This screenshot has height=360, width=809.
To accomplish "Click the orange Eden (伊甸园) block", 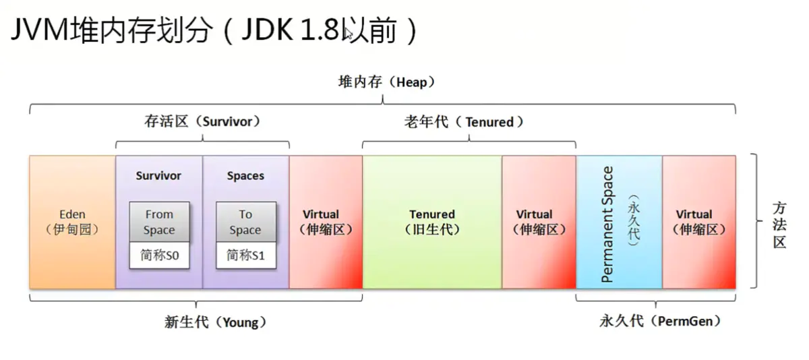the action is point(72,222).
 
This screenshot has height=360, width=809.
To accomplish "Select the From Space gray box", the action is point(159,222).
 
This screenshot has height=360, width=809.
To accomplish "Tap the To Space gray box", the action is point(245,222).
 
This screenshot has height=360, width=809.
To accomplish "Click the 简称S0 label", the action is point(159,256).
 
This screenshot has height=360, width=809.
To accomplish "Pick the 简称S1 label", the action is point(245,256).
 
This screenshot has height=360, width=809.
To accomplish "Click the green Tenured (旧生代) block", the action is point(432,222).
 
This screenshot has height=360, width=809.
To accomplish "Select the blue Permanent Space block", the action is point(619,222).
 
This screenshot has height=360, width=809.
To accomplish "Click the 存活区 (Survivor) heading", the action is point(202,122).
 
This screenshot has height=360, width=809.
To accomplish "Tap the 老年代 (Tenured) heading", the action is point(469,122).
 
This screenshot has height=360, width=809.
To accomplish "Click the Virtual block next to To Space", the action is point(326,222).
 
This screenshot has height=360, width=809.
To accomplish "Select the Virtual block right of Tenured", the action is point(539,222).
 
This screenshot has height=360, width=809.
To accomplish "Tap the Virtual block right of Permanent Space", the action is point(699,222).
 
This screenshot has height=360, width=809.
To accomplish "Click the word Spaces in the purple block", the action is point(245,176).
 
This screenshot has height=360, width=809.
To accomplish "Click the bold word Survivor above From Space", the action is point(158,176).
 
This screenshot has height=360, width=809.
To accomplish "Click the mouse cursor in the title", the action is point(349,34).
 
